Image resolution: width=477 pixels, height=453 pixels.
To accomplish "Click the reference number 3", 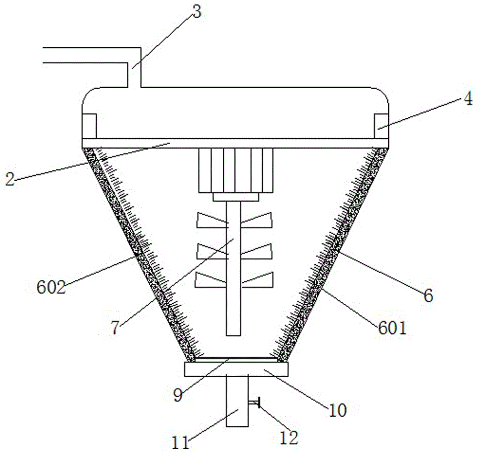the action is (197, 12).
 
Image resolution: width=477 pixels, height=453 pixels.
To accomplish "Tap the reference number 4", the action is (469, 99).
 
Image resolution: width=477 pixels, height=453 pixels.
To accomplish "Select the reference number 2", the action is (10, 179).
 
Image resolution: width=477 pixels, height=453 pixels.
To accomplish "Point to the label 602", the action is (51, 287).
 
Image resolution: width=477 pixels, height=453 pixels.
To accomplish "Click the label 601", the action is (392, 329).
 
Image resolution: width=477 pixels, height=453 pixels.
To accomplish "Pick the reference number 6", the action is (428, 296).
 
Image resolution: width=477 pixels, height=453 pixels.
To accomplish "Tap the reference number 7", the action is (115, 328).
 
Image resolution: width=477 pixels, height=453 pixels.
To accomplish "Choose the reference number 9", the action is (177, 395).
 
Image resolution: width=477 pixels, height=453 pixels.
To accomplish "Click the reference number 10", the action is (337, 411).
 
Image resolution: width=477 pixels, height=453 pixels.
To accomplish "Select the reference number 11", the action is (181, 443).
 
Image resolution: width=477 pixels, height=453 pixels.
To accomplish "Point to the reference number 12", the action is (289, 438).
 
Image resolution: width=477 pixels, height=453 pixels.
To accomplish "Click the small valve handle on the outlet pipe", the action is (254, 403).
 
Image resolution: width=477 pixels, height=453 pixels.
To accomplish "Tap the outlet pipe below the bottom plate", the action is (237, 401).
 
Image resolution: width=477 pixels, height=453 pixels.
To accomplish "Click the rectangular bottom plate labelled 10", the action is (236, 369).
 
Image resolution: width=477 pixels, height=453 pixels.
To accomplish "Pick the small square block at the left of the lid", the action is (90, 126).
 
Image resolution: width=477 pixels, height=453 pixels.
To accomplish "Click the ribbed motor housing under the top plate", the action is (236, 170).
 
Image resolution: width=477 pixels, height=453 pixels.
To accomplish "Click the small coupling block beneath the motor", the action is (236, 197).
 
